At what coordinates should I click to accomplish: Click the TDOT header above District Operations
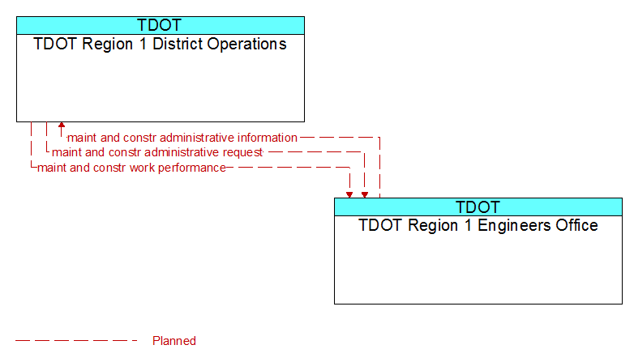click(x=159, y=25)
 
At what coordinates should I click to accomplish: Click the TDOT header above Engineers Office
click(x=478, y=207)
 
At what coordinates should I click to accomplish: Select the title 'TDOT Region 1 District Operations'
click(x=160, y=45)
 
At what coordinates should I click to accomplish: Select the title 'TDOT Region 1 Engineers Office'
click(x=478, y=225)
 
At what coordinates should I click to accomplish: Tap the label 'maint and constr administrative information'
click(x=182, y=138)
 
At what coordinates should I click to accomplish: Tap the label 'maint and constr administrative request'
click(x=157, y=152)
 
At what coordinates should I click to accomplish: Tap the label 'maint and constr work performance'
click(x=132, y=168)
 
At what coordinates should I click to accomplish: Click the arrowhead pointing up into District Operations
click(x=62, y=126)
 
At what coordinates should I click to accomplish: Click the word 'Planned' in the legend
click(x=174, y=341)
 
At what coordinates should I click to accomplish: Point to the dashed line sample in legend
click(x=76, y=341)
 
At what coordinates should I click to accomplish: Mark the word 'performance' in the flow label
click(x=192, y=168)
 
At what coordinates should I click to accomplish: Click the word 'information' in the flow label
click(x=268, y=138)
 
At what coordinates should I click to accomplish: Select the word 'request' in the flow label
click(x=242, y=153)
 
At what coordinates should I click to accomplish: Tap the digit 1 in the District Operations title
click(x=143, y=44)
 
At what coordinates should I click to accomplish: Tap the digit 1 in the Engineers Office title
click(x=468, y=225)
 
